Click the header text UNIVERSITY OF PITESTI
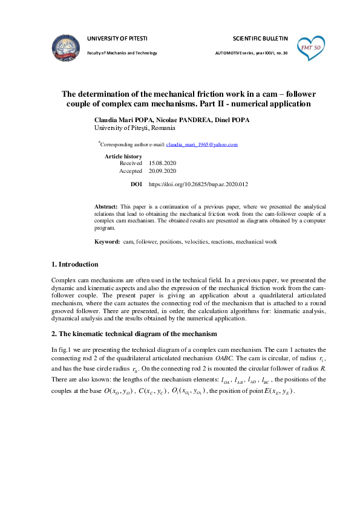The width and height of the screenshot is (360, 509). click(x=117, y=38)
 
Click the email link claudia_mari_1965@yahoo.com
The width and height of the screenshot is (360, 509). click(x=202, y=145)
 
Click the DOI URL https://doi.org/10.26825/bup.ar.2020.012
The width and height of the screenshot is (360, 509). click(x=198, y=184)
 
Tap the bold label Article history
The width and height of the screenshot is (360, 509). click(x=123, y=156)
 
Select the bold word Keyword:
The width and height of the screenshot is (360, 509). click(x=107, y=242)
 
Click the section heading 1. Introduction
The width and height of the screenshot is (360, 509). click(x=74, y=265)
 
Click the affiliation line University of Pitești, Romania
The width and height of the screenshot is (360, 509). click(x=135, y=128)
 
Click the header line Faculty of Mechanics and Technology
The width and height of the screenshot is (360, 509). click(x=122, y=53)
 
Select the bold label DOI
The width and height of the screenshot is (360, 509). click(x=136, y=184)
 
